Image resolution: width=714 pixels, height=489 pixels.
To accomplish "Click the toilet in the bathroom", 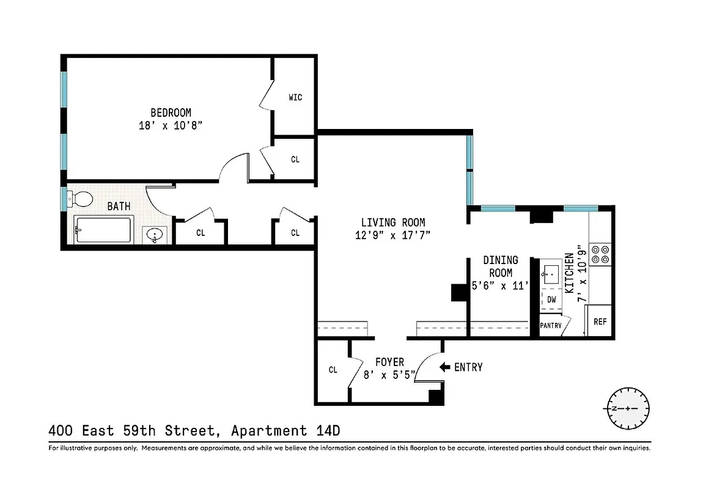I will coord(80,198).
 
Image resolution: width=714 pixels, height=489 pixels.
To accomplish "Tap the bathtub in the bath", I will coord(102,230).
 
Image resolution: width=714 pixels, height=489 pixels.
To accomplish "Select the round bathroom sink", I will coord(156,235).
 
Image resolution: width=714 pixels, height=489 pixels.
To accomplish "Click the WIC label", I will coord(295,97).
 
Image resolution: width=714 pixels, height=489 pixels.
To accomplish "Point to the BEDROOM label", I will coord(171,112).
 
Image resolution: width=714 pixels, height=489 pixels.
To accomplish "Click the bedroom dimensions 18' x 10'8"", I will coord(171,126).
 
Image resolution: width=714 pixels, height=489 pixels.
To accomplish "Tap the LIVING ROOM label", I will coord(392,222).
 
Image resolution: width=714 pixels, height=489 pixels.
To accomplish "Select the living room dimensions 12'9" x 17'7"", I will coord(392,235).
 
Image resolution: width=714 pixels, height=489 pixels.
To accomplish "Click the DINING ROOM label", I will coord(499,267).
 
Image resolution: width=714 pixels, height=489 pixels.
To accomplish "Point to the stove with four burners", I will coord(601,254).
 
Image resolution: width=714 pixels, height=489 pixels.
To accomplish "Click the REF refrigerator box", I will coord(600,321).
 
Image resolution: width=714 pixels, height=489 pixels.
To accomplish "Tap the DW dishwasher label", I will coord(551,300).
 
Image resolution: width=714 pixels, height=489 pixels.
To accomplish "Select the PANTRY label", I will coord(551,326).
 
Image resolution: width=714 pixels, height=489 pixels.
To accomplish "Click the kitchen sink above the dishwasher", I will coord(553,273).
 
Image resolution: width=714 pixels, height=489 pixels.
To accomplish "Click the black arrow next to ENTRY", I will coord(445,367).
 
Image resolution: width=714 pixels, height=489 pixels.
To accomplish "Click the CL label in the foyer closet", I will coord(333,370).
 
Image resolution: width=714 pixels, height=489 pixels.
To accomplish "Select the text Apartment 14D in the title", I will coord(285,431).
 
